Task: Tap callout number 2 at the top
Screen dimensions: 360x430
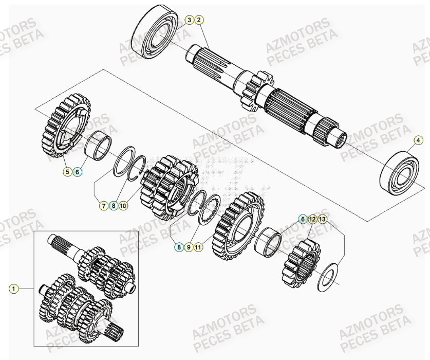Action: click(199, 20)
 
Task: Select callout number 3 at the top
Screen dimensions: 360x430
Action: click(189, 20)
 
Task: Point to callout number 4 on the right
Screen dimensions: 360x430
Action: click(418, 140)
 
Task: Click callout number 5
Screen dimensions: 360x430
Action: click(67, 172)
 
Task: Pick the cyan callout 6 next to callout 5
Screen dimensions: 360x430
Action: click(78, 172)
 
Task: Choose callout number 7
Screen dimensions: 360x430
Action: click(103, 206)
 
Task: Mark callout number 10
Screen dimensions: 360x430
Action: click(123, 206)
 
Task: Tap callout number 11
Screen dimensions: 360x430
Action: click(198, 247)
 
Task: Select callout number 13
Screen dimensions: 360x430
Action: click(322, 219)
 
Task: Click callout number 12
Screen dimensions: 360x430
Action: click(312, 219)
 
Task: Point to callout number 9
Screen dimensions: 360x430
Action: click(189, 247)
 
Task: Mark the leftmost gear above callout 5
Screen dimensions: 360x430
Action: click(64, 126)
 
